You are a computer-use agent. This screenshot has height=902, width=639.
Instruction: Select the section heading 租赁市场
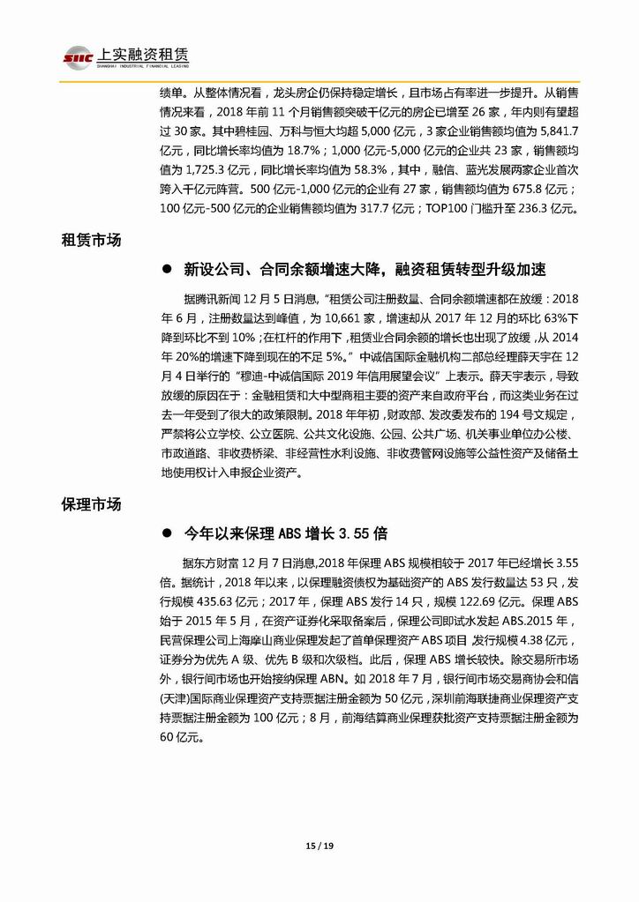click(91, 240)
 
